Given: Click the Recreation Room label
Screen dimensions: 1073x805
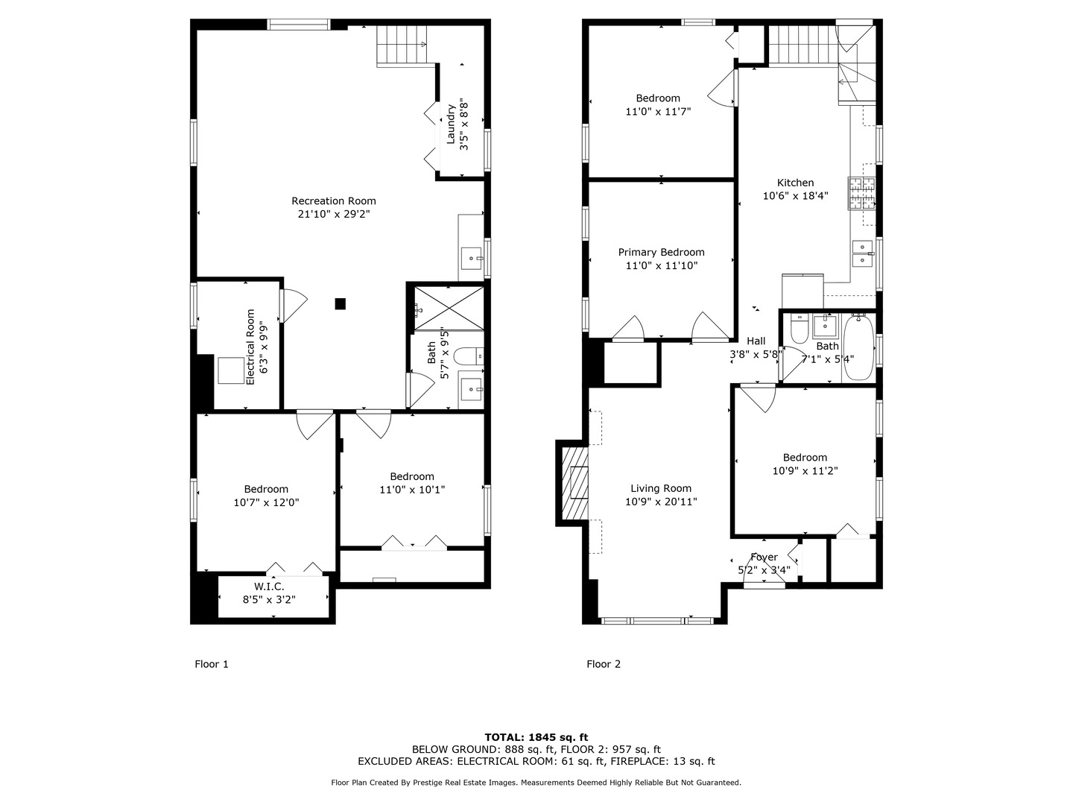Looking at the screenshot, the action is [333, 201].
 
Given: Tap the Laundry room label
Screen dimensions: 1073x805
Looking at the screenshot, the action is [450, 124].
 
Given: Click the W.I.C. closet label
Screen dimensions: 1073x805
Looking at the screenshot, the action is [269, 586].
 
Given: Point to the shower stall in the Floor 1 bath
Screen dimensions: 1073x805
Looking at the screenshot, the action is [449, 308].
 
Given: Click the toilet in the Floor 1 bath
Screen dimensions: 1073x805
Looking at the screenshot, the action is [468, 356].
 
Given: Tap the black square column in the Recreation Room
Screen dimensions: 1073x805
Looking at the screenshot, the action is [341, 303].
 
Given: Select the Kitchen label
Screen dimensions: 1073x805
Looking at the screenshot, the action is [795, 183].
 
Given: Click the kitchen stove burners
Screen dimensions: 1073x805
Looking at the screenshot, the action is [861, 193].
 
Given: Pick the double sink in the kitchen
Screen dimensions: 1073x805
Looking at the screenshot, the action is [863, 253].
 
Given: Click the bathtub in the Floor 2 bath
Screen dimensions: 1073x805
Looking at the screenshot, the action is [858, 348].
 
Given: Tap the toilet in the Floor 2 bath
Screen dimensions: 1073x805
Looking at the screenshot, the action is [800, 329].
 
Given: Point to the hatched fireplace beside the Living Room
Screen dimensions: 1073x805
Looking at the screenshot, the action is [575, 484].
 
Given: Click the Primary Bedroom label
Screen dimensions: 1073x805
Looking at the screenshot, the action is [662, 252].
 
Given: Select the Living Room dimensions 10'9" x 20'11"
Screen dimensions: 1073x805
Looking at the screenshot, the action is [661, 502].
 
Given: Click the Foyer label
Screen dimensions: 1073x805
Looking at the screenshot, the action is [764, 557].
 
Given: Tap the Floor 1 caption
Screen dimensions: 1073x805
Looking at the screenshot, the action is [211, 663].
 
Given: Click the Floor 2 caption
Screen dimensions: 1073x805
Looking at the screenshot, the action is [604, 663].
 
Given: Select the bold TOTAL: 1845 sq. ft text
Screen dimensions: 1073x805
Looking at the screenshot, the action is [536, 737].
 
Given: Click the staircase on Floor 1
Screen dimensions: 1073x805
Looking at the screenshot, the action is [402, 45].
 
